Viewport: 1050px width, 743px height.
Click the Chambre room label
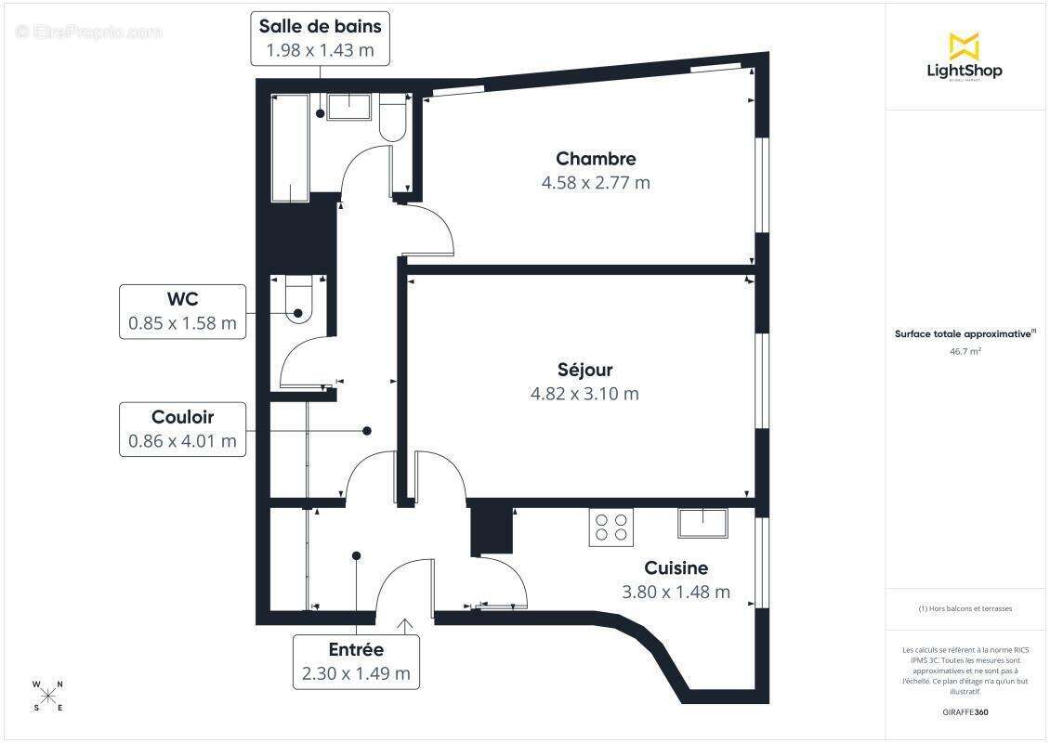click(596, 159)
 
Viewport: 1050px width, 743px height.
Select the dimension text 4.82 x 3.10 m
click(584, 394)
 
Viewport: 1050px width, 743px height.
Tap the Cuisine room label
click(676, 568)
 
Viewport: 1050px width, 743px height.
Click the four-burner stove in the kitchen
click(611, 528)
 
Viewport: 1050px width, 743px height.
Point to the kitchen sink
click(703, 523)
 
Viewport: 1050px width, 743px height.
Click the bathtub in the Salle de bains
click(290, 149)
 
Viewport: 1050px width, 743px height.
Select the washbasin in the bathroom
click(349, 109)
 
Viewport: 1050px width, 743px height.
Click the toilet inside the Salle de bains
click(392, 120)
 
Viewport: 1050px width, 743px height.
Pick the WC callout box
click(183, 312)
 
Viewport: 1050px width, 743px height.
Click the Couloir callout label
click(183, 429)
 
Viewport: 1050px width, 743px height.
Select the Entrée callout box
click(356, 662)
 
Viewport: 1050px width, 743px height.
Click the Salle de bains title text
click(320, 26)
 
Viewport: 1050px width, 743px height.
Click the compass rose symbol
click(48, 696)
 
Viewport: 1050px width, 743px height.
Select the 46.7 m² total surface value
click(965, 352)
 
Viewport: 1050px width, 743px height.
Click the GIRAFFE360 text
click(965, 711)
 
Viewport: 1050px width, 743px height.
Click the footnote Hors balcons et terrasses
click(965, 608)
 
